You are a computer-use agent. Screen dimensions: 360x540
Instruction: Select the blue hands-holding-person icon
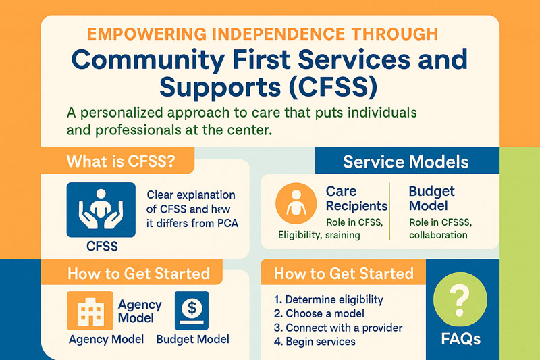101,209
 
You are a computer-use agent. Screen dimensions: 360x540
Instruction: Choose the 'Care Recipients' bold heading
356,199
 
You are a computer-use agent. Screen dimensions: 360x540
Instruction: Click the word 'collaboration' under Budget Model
437,235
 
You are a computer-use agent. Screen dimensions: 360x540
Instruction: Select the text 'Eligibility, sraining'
319,235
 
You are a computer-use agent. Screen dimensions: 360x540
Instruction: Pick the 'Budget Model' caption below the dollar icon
192,339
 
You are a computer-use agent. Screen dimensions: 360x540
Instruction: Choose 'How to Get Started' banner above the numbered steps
343,274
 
